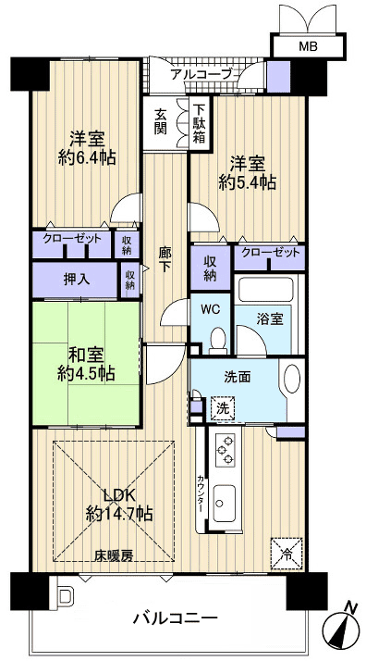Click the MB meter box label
pyautogui.click(x=304, y=45)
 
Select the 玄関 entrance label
pyautogui.click(x=161, y=121)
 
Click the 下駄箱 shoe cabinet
pyautogui.click(x=199, y=120)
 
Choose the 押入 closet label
pyautogui.click(x=76, y=279)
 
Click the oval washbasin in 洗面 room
pyautogui.click(x=291, y=381)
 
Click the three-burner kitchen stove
pyautogui.click(x=225, y=453)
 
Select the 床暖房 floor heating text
pyautogui.click(x=115, y=555)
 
